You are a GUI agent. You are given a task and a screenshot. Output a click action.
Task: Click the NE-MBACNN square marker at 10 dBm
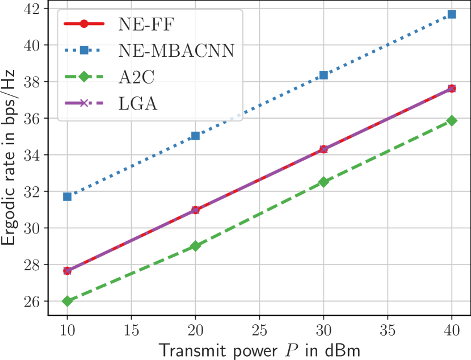[68, 196]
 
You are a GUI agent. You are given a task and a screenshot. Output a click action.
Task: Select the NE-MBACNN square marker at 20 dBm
[195, 136]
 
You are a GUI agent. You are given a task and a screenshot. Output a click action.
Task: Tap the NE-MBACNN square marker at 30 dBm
[323, 75]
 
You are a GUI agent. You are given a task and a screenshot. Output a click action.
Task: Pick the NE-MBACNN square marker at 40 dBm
[452, 14]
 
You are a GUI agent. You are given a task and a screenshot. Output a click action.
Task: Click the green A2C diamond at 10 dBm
[68, 301]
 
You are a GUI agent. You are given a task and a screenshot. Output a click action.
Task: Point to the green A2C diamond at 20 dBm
[195, 246]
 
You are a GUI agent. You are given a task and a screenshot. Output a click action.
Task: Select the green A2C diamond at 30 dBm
[323, 182]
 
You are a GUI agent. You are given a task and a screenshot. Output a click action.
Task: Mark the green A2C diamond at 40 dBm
[452, 120]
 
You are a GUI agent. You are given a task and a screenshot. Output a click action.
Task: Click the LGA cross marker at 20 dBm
[195, 210]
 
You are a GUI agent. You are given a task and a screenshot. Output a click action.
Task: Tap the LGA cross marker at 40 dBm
[452, 88]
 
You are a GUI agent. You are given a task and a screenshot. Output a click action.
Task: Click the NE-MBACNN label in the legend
[176, 51]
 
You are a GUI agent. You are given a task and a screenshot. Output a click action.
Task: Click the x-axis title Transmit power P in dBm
[259, 350]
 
